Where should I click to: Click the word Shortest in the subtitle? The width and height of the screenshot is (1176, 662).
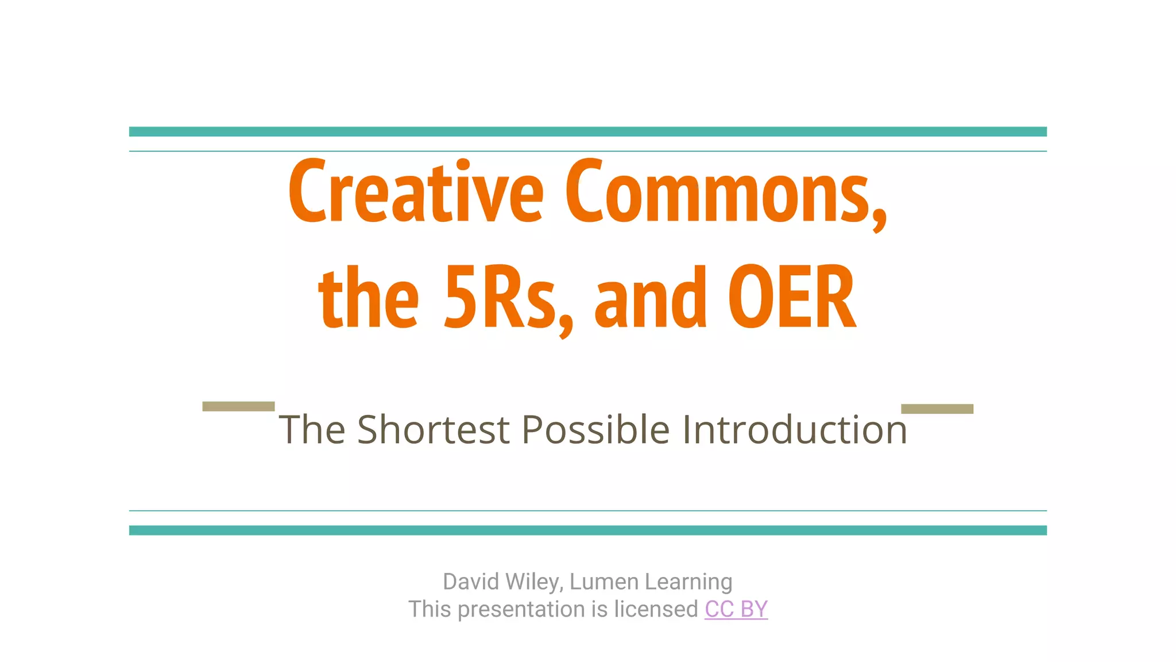click(x=433, y=430)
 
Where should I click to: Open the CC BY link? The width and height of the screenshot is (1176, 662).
click(x=736, y=609)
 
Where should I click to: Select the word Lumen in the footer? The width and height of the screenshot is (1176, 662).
click(x=604, y=582)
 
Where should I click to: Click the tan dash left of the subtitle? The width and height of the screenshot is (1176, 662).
click(x=238, y=406)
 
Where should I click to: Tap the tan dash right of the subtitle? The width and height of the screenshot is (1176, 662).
click(x=937, y=409)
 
